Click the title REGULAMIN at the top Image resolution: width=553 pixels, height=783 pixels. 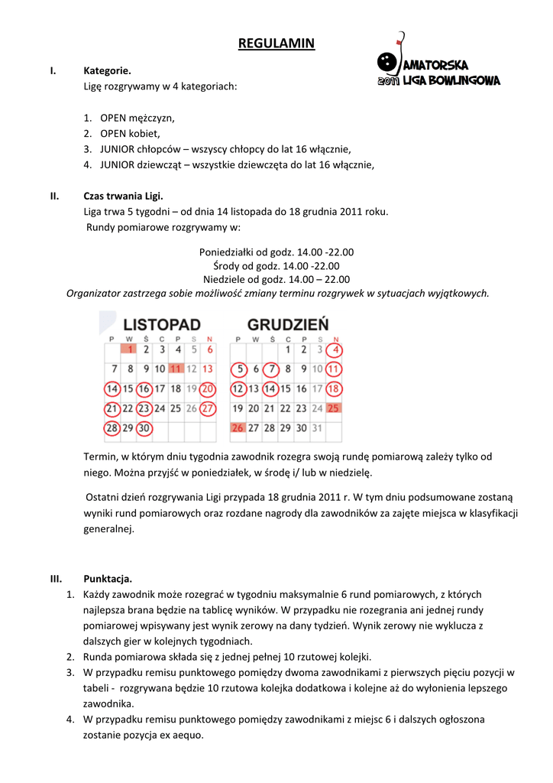(276, 43)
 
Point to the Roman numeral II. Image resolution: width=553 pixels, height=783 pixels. (55, 195)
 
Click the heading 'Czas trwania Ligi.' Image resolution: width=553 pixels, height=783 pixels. (122, 195)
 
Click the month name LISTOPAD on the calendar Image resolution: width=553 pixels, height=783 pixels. (162, 324)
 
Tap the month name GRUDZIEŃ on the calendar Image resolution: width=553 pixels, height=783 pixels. (288, 324)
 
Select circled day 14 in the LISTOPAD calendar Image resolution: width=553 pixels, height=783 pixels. (112, 388)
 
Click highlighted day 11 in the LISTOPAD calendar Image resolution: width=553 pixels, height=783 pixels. (176, 369)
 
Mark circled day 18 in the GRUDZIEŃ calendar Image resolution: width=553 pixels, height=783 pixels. (333, 388)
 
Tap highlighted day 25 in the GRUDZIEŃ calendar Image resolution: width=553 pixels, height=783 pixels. (333, 408)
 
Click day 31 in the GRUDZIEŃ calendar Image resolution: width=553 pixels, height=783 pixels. (317, 428)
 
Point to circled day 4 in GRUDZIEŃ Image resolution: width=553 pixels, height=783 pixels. (334, 349)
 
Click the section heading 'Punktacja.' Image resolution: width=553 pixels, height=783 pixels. (108, 578)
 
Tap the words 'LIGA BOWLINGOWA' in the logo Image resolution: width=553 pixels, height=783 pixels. (451, 80)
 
